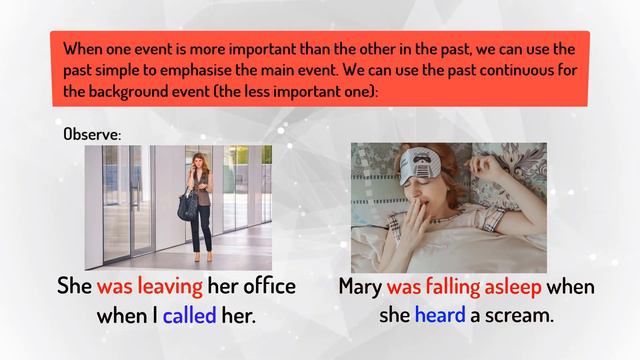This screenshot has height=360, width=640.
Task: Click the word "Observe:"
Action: click(92, 133)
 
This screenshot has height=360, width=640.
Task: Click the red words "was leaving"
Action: click(150, 287)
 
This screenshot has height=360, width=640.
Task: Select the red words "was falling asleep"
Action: click(464, 287)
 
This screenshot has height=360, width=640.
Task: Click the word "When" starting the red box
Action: click(83, 49)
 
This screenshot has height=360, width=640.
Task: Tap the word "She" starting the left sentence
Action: click(73, 287)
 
